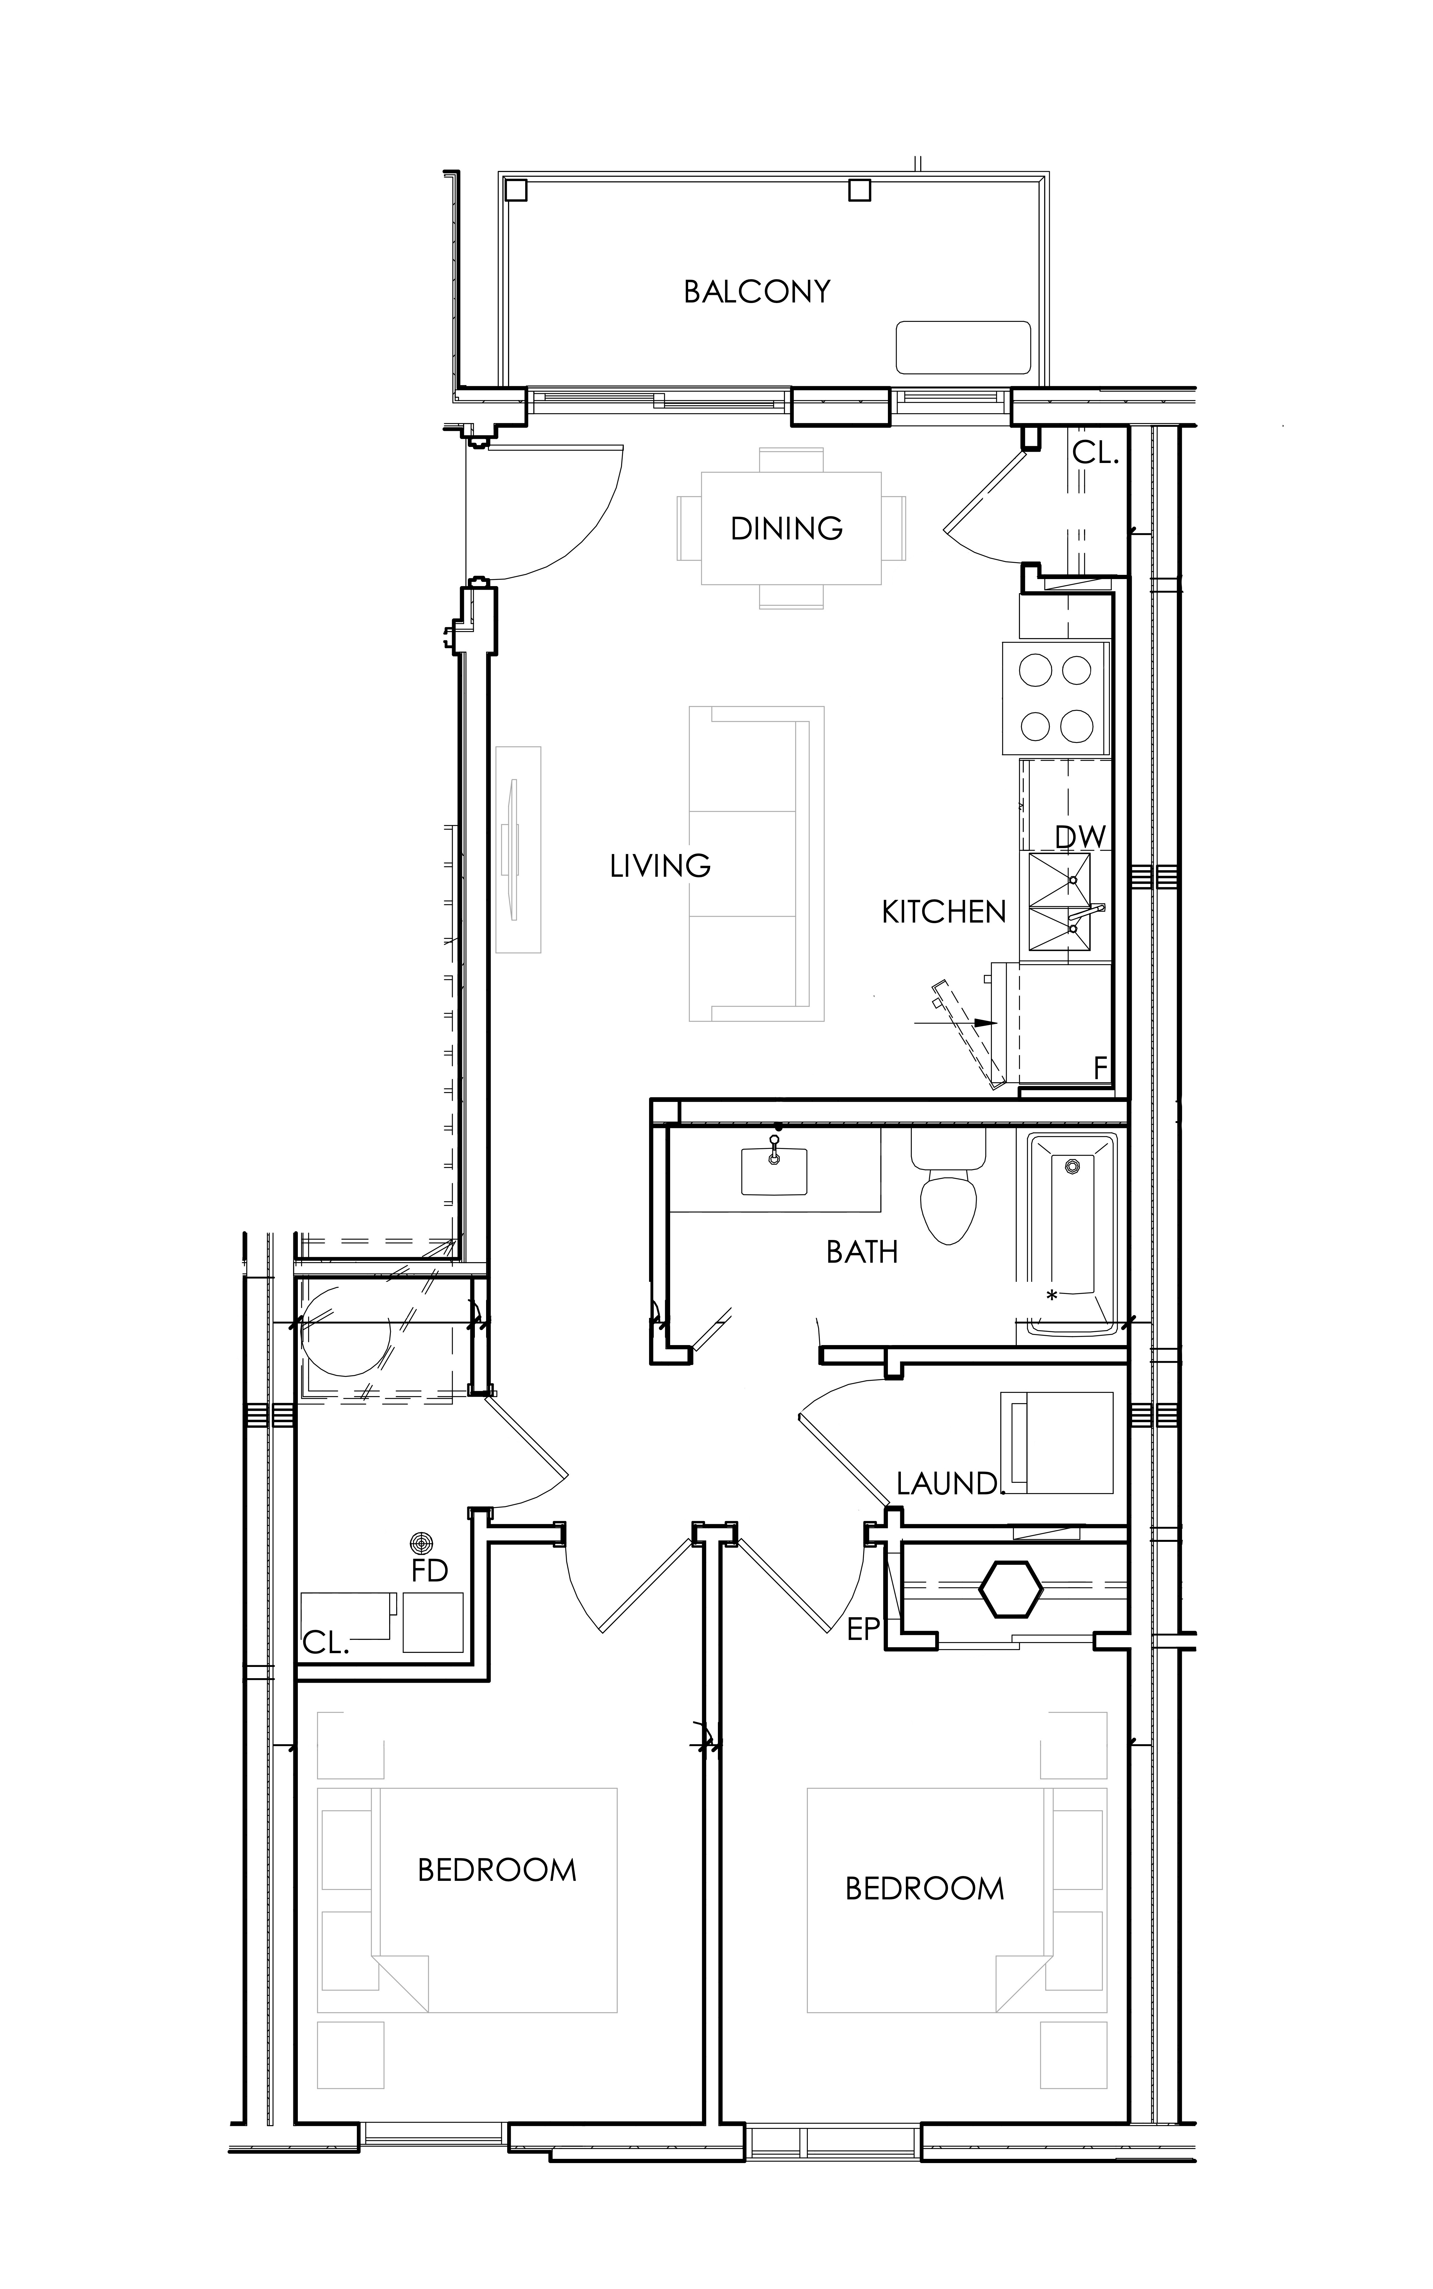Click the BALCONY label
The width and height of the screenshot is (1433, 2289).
tap(757, 291)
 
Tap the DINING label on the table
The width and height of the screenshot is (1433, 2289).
tap(787, 528)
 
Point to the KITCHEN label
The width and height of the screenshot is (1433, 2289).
tap(944, 912)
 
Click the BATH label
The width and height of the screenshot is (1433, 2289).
tap(862, 1253)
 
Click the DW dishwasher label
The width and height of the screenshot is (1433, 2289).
tap(1080, 836)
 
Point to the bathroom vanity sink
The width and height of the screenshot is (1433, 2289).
tap(774, 1172)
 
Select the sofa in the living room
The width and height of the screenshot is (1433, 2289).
tap(756, 863)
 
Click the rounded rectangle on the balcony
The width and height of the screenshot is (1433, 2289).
tap(963, 347)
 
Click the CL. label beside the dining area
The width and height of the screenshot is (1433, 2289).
tap(1096, 453)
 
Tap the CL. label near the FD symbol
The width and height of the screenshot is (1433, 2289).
tap(326, 1643)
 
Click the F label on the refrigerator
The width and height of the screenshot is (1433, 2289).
tap(1100, 1068)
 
